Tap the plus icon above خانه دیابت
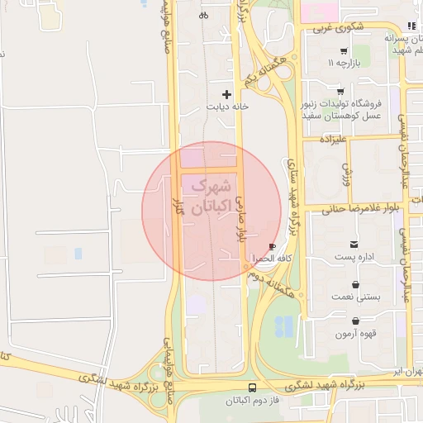(228, 95)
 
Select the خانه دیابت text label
(228, 107)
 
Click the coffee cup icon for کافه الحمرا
(273, 246)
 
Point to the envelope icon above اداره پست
(354, 244)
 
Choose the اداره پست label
(354, 256)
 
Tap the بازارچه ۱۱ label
(344, 63)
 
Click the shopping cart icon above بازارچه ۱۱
(343, 51)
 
